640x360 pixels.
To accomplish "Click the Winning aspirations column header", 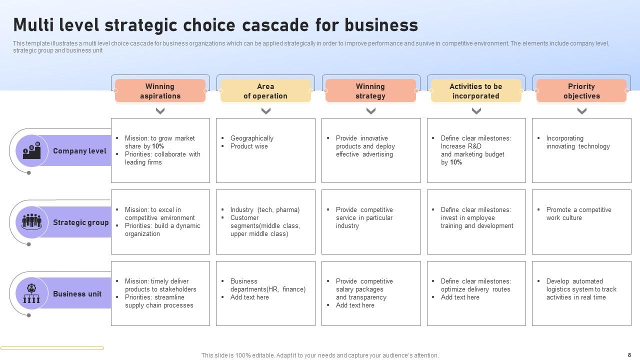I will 160,91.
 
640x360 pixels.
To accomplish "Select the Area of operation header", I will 265,91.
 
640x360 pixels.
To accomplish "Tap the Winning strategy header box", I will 370,91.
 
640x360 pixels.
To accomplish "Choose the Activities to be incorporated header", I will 476,91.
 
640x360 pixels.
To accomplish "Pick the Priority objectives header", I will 581,91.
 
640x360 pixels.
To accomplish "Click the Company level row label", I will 79,151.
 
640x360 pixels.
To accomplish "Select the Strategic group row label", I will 80,222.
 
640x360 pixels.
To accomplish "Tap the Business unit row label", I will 77,294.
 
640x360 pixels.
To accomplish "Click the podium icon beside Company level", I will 31,150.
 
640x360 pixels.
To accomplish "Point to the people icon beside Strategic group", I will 31,221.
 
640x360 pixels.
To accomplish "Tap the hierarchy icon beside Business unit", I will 31,293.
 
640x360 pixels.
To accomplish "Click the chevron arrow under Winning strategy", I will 371,111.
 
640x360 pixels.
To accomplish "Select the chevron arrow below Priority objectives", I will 582,111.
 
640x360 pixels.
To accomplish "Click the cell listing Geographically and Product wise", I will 265,150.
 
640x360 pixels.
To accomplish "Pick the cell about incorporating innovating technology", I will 581,150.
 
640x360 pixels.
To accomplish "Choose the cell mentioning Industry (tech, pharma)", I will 265,222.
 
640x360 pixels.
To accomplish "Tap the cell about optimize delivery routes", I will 476,293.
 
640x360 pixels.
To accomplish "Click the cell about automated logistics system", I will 581,293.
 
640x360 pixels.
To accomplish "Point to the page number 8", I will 629,355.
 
